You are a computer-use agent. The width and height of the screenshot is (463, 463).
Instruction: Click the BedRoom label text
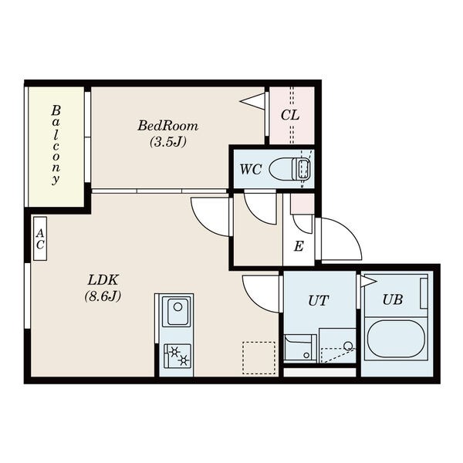[x=167, y=126]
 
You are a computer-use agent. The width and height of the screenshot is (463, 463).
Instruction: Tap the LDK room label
[x=103, y=279]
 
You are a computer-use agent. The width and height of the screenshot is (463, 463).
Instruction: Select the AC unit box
[x=40, y=238]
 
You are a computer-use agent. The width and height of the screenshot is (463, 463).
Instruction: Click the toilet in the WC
[x=289, y=168]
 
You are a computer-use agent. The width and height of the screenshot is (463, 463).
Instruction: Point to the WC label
[x=250, y=170]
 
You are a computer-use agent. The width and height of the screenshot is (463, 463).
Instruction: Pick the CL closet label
[x=290, y=115]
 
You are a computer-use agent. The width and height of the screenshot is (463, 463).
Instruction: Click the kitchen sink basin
[x=176, y=312]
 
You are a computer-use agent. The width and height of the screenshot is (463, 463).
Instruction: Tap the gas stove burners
[x=177, y=356]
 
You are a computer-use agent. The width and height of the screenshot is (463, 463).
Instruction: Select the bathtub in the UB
[x=397, y=339]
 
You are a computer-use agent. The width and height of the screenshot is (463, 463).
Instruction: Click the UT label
[x=318, y=301]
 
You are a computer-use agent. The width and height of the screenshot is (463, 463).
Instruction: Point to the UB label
[x=393, y=299]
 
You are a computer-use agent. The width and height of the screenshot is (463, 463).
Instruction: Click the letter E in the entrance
[x=299, y=246]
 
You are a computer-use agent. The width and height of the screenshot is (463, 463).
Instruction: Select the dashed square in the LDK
[x=259, y=358]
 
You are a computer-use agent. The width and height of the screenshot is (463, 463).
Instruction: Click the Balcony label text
[x=56, y=145]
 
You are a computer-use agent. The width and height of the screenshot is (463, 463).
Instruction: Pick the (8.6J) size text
[x=103, y=296]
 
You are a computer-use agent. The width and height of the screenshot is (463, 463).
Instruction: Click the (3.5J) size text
[x=168, y=142]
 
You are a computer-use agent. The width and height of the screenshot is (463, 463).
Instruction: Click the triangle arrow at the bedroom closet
[x=252, y=101]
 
